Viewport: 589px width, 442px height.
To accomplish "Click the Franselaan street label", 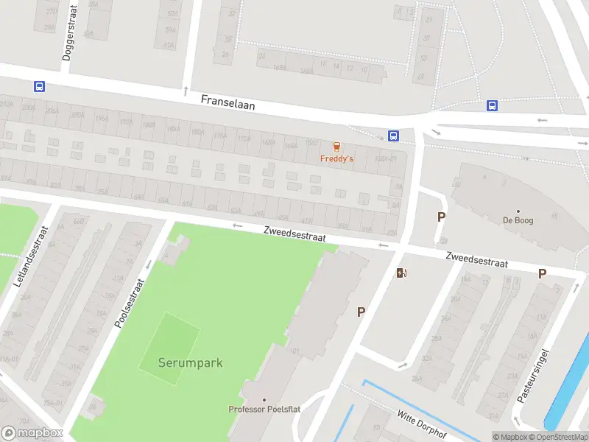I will (x=228, y=105).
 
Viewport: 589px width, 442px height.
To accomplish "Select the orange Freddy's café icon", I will (x=336, y=147).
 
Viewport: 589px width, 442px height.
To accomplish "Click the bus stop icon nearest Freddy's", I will (x=393, y=136).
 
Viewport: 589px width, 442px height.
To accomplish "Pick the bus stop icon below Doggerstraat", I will (x=39, y=86).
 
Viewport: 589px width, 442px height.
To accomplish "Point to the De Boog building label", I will (x=518, y=220).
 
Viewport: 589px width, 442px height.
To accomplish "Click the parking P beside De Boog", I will (x=442, y=217).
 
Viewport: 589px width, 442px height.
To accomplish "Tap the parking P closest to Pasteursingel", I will (x=542, y=273).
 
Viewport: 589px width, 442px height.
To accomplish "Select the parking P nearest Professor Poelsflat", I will (x=361, y=312).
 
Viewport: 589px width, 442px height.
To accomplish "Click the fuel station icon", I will (x=401, y=273).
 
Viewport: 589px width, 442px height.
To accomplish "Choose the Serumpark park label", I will (x=190, y=362).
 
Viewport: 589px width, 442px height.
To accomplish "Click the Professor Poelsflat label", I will (x=264, y=410).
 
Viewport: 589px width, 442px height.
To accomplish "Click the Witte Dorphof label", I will (x=422, y=424).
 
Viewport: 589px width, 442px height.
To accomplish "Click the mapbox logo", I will (x=32, y=433).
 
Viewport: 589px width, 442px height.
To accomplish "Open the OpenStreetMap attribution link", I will (x=558, y=437).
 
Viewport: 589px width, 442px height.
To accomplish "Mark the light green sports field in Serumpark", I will (x=170, y=348).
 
